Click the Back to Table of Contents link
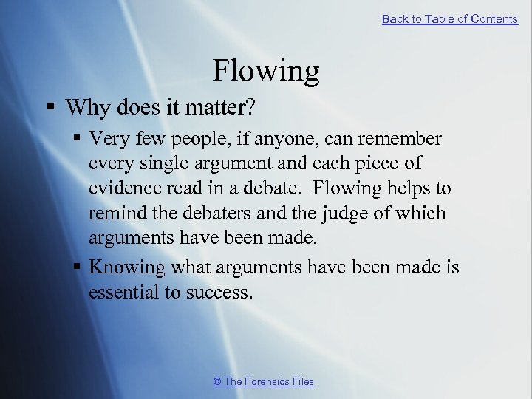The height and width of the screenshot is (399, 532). point(449,19)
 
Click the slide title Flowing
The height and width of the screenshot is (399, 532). point(266,71)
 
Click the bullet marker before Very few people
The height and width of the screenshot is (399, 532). point(75,139)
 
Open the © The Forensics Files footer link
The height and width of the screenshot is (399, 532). point(264,381)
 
